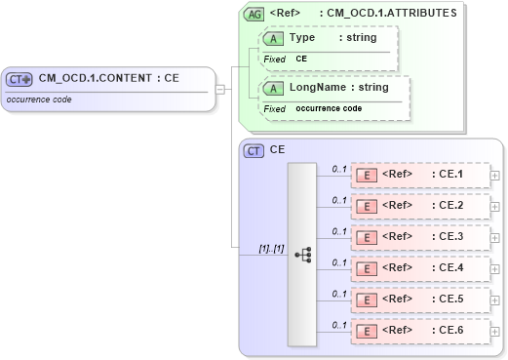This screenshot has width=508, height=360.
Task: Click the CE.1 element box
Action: pos(420,176)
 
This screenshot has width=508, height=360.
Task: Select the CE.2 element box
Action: pos(420,207)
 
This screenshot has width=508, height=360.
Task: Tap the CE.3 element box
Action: pos(420,237)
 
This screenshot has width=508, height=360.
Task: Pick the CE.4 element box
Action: pos(420,268)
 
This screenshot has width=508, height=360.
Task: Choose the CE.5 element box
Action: pos(420,300)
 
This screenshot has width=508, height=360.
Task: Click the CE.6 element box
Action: pos(420,331)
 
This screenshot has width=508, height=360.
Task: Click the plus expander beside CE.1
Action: pos(496,177)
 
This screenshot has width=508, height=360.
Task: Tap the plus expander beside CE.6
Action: pos(496,332)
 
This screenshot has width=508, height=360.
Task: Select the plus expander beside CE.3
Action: pos(496,238)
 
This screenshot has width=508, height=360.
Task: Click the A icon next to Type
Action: pos(274,38)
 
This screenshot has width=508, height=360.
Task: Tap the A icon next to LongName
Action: pos(274,88)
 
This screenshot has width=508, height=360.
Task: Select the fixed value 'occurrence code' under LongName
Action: pos(329,108)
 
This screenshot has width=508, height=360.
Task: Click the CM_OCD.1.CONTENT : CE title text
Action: pos(108,78)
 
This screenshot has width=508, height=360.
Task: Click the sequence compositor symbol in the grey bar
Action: pos(302,254)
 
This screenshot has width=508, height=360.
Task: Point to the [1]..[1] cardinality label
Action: pos(271,248)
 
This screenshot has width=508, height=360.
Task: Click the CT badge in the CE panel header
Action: pos(254,150)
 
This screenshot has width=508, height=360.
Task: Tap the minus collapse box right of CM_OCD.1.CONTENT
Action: pos(221,90)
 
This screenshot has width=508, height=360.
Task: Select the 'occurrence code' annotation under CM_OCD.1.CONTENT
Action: pos(40,100)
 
